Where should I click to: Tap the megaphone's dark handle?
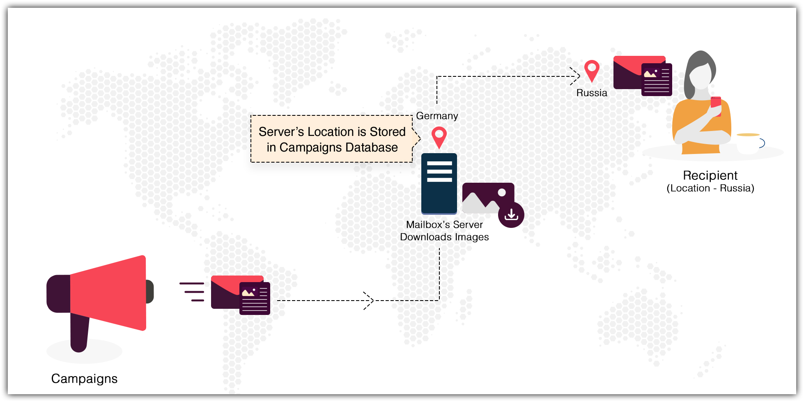click(79, 333)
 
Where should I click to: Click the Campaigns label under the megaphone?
click(84, 379)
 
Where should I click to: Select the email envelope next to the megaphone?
click(240, 295)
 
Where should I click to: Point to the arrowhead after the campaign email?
click(369, 301)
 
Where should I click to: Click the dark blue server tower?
click(439, 184)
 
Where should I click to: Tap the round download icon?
click(511, 215)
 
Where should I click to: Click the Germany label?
click(437, 116)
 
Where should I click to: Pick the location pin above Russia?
click(592, 70)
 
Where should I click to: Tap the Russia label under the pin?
click(592, 93)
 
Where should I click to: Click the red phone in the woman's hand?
click(716, 104)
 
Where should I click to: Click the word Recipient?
click(710, 176)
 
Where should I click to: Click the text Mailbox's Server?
click(444, 225)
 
